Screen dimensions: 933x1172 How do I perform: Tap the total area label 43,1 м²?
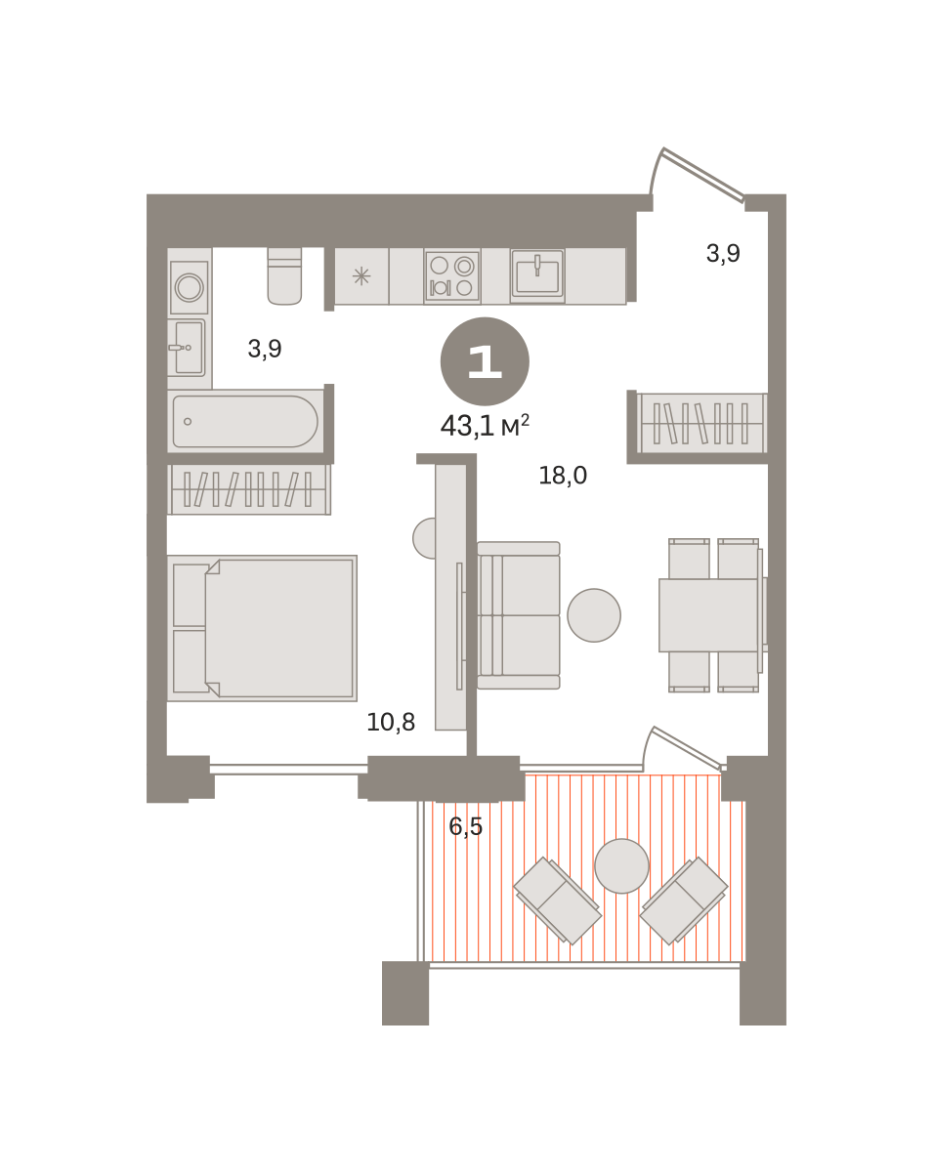pos(485,426)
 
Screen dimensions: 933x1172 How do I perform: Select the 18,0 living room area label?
pos(563,476)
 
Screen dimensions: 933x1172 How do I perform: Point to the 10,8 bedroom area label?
pos(391,722)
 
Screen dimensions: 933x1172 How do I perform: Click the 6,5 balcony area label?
pos(465,826)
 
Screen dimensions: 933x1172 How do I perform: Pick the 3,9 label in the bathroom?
pos(265,349)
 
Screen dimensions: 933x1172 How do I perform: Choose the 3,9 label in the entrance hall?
pos(723,253)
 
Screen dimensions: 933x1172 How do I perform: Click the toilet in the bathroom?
pos(284,275)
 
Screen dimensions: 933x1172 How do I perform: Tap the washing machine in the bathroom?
pos(190,287)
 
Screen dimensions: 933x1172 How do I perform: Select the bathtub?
pos(245,421)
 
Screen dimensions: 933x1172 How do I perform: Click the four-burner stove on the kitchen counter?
pos(451,276)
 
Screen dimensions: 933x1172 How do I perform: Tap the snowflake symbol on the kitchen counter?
pos(360,276)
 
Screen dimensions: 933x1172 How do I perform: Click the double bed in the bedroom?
pos(262,628)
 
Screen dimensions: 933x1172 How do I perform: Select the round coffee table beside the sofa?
pos(593,615)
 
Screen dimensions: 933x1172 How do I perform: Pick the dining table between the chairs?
pos(708,615)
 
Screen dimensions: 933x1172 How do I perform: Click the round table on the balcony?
pos(621,866)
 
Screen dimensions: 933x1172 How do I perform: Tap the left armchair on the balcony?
pos(558,900)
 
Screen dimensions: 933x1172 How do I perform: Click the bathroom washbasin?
pos(187,348)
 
